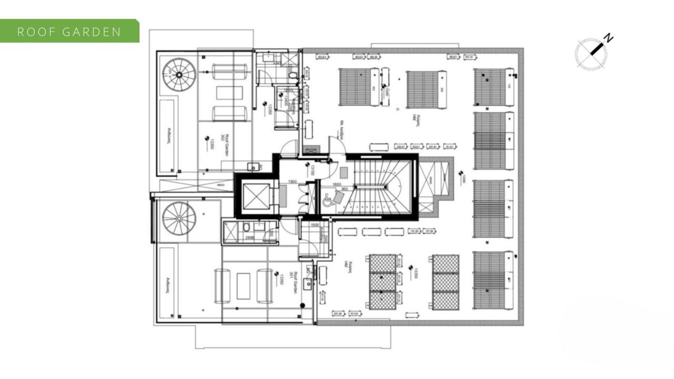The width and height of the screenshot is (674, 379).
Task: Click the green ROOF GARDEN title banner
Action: tap(70, 31)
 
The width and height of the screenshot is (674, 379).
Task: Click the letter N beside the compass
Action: tap(608, 38)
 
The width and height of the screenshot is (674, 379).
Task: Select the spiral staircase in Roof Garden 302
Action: tap(179, 74)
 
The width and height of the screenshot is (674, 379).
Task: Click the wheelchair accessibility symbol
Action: tap(328, 200)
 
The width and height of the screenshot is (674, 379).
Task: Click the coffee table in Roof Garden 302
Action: tap(230, 93)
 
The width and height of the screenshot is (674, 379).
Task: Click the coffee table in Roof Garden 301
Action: tap(243, 286)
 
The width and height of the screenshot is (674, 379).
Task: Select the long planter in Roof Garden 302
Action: tap(167, 136)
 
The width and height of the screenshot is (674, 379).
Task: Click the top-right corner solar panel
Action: tap(493, 87)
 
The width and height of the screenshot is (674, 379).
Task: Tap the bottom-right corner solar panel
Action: tap(493, 280)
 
